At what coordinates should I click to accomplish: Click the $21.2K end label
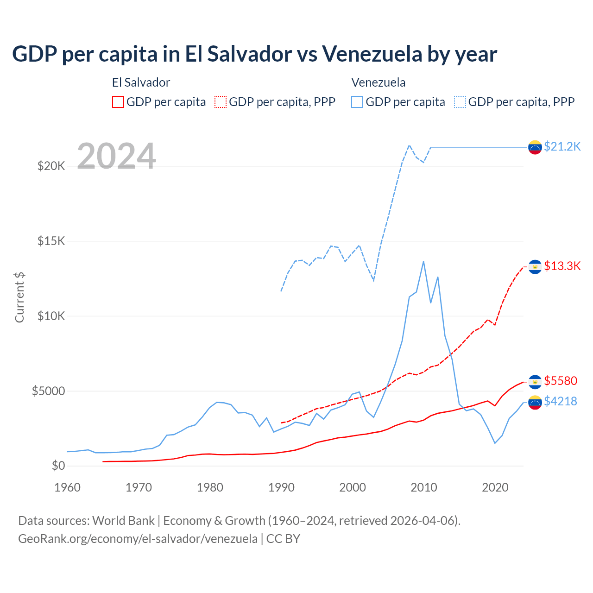pyautogui.click(x=562, y=147)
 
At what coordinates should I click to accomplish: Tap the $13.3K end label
pyautogui.click(x=562, y=266)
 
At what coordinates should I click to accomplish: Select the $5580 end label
pyautogui.click(x=561, y=381)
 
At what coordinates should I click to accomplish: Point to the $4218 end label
pyautogui.click(x=561, y=401)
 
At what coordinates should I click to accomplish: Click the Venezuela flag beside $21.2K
pyautogui.click(x=535, y=147)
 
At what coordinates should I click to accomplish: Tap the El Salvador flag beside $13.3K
pyautogui.click(x=535, y=267)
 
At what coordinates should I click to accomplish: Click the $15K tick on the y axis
pyautogui.click(x=51, y=241)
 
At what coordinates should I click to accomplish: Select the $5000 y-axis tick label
pyautogui.click(x=48, y=391)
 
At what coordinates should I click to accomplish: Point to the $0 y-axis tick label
pyautogui.click(x=58, y=466)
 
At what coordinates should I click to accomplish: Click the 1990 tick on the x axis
pyautogui.click(x=281, y=487)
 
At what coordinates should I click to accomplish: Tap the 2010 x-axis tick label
pyautogui.click(x=424, y=487)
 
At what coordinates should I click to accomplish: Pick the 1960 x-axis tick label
pyautogui.click(x=68, y=487)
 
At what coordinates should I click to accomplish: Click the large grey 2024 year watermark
pyautogui.click(x=116, y=156)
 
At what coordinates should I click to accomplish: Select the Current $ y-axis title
pyautogui.click(x=19, y=297)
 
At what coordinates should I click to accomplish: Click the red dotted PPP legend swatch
pyautogui.click(x=221, y=102)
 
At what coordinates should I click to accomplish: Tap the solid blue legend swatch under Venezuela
pyautogui.click(x=357, y=102)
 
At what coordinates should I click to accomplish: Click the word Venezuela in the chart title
pyautogui.click(x=371, y=54)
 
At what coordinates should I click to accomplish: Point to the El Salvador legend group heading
pyautogui.click(x=141, y=82)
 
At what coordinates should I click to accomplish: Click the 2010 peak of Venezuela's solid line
pyautogui.click(x=423, y=262)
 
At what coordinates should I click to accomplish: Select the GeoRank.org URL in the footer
pyautogui.click(x=138, y=539)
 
